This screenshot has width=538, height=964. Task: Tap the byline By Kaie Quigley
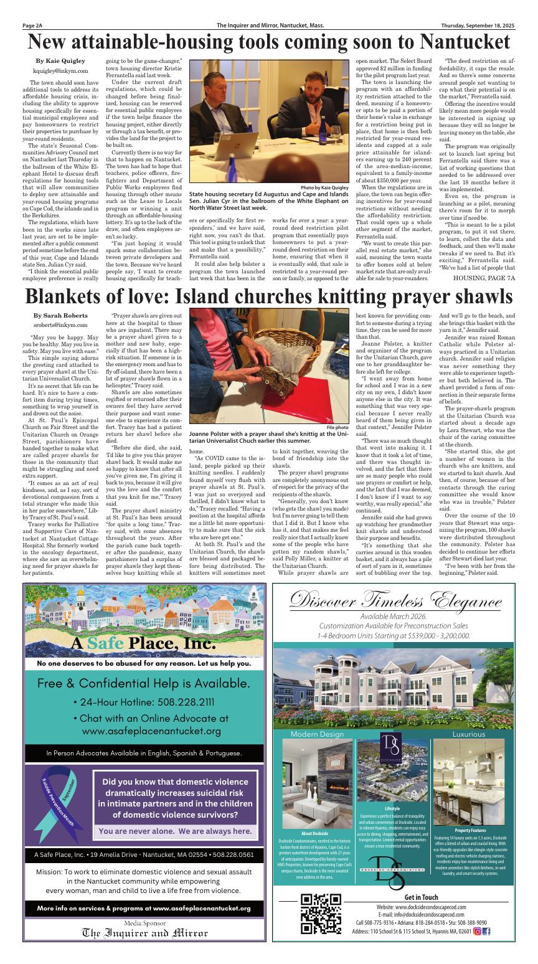[x=60, y=61]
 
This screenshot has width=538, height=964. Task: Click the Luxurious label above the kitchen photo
[x=468, y=734]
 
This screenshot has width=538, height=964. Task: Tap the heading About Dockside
[x=314, y=833]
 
